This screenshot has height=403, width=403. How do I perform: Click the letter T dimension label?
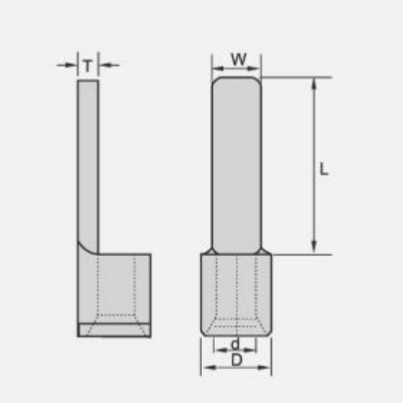(88, 66)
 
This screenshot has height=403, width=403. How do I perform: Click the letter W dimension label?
(239, 60)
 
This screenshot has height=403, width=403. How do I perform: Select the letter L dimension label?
(323, 169)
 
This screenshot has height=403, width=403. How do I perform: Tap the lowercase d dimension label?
(235, 344)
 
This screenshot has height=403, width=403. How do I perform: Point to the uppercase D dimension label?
(237, 360)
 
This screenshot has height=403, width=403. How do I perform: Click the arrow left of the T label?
(67, 65)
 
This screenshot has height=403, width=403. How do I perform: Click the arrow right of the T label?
(109, 65)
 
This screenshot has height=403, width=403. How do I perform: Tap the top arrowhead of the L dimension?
(313, 85)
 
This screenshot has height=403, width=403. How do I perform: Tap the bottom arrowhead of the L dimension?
(313, 247)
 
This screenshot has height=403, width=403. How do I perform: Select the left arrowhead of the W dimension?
(218, 69)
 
